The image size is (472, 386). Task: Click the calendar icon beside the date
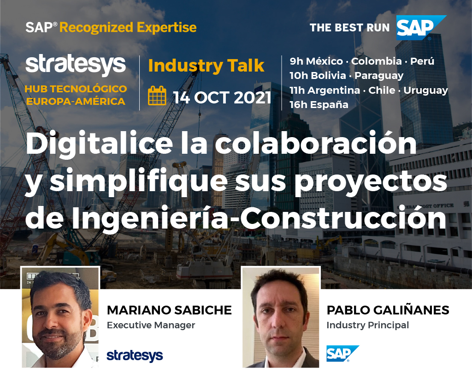157,96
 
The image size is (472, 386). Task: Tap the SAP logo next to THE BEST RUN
421,28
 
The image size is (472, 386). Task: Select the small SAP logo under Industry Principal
342,353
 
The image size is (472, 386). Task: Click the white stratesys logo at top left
76,65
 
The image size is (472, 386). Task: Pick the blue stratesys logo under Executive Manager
135,356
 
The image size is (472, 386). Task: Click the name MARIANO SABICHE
169,310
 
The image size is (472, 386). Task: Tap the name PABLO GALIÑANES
388,309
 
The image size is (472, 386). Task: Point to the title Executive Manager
151,325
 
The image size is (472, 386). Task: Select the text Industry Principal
367,326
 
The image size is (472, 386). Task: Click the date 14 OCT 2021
222,98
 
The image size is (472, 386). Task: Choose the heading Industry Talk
206,66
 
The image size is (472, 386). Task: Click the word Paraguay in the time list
379,76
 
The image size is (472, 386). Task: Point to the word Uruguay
425,90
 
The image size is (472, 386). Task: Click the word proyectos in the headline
371,182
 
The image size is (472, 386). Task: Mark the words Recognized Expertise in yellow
128,28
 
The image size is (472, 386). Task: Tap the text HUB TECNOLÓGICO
76,89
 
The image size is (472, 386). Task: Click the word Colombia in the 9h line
376,61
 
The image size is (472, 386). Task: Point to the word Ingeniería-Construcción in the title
259,219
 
